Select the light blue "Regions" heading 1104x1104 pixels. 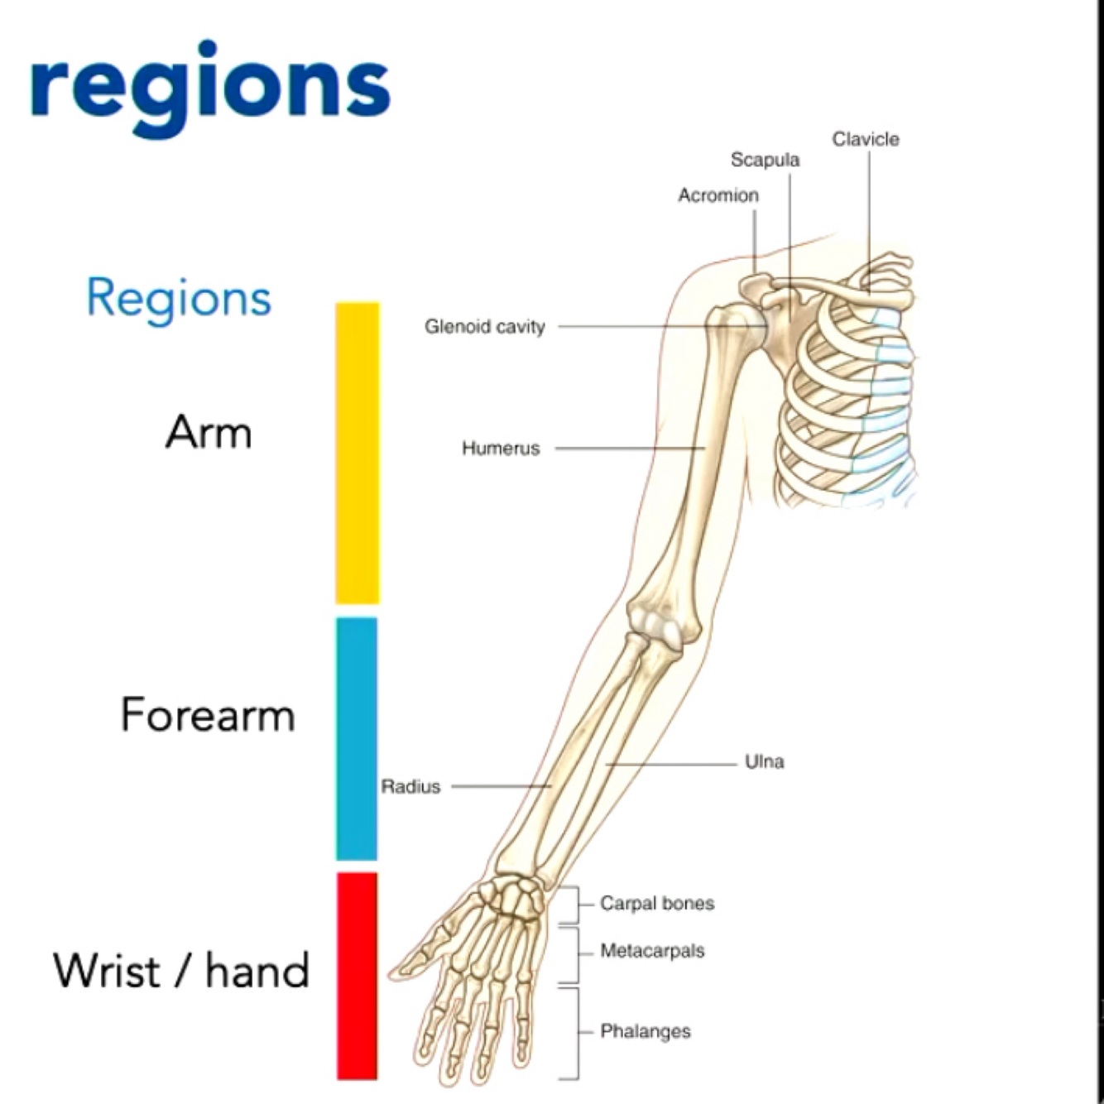(179, 298)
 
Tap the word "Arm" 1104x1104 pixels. (209, 432)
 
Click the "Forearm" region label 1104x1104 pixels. (208, 714)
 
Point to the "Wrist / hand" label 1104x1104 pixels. (181, 970)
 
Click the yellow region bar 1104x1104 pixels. (357, 453)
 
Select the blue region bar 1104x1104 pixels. (357, 739)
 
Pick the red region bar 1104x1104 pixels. (357, 975)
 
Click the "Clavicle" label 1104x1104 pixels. (866, 139)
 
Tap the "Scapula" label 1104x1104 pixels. (765, 160)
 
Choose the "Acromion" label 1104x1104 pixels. (718, 195)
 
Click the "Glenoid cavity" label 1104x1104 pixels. (485, 327)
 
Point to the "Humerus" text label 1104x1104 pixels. (501, 449)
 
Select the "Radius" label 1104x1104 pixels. (410, 786)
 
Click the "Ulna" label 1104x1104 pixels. (764, 761)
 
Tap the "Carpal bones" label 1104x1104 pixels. (657, 904)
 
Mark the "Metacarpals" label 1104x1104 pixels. (652, 951)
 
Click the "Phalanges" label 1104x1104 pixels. (646, 1031)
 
